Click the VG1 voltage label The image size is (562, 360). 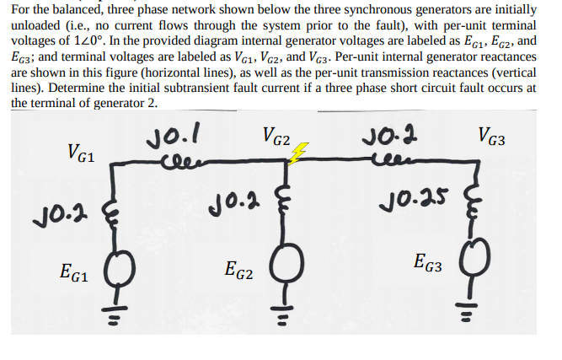coord(82,154)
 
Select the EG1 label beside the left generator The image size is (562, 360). coord(77,271)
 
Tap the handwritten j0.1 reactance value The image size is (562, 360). coord(177,133)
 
